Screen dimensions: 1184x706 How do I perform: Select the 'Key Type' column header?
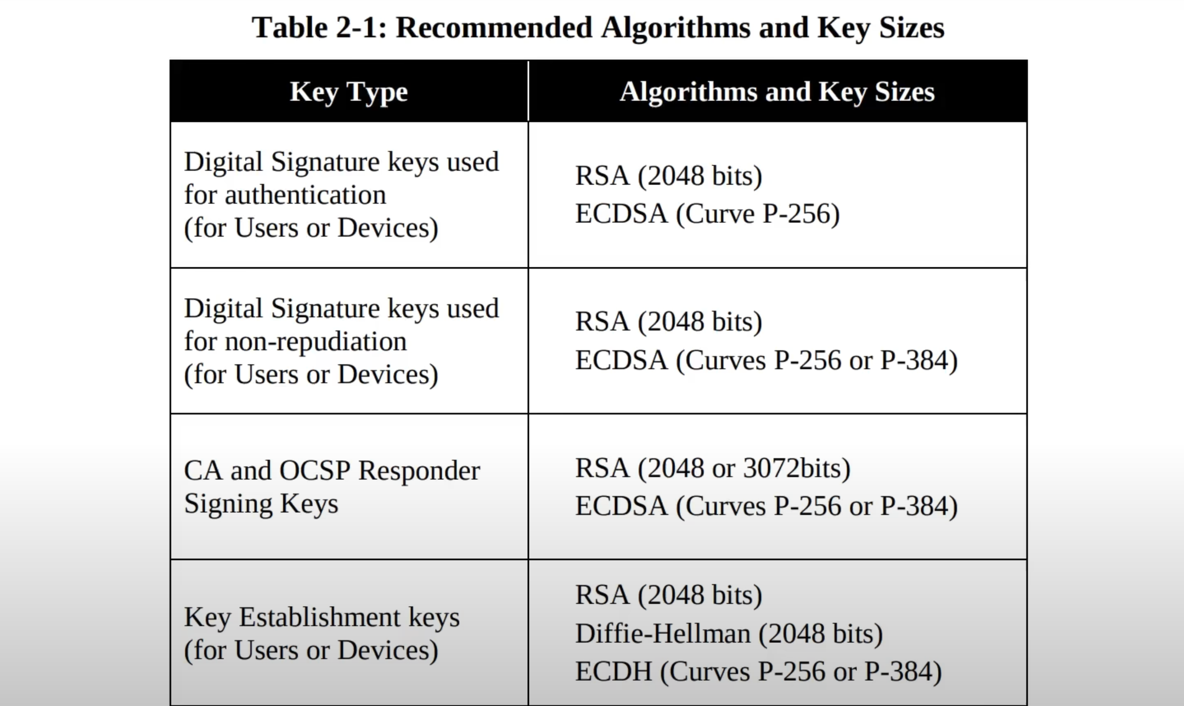point(349,92)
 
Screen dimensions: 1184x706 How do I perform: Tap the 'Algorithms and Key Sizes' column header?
point(777,92)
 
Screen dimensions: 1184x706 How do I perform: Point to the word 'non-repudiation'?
point(316,342)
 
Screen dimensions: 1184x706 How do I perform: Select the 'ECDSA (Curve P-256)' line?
point(707,214)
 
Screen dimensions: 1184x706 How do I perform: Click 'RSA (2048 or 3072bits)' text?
point(713,468)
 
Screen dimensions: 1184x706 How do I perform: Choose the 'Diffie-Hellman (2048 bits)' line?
point(729,634)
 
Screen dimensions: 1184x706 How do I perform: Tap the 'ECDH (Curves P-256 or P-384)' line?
point(758,671)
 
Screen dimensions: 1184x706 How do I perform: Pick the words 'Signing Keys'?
point(261,504)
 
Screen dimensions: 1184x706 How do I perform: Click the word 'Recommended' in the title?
point(494,27)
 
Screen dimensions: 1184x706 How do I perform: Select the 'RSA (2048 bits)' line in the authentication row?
point(669,176)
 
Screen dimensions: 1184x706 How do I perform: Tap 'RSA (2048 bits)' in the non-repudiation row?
point(669,322)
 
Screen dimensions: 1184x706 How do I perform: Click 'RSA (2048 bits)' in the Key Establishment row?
point(669,595)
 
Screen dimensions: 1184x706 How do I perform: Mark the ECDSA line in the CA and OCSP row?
point(766,506)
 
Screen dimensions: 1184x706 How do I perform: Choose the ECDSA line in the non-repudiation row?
point(766,361)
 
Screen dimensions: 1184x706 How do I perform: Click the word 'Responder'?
point(419,471)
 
